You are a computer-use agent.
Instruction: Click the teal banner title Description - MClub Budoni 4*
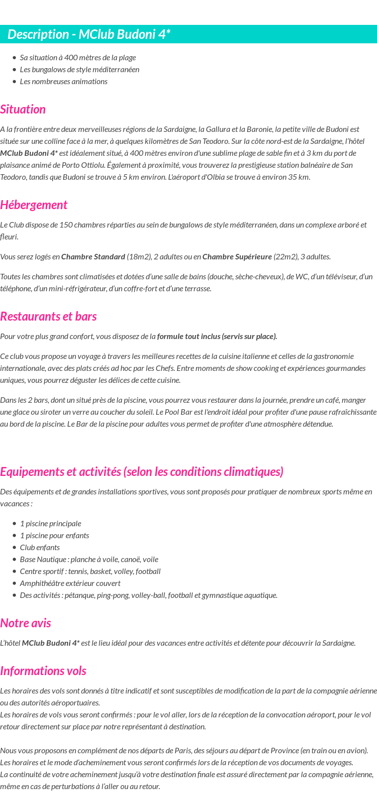point(89,34)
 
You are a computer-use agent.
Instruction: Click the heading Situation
point(23,110)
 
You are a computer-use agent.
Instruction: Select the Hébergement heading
point(33,205)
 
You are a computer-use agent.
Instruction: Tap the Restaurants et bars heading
point(48,317)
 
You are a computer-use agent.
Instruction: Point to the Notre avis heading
point(25,623)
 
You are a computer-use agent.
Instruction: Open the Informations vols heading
point(43,671)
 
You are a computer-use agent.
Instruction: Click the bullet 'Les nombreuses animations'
point(64,82)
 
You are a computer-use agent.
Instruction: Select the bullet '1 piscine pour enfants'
point(54,536)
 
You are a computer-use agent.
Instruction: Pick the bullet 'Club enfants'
point(40,548)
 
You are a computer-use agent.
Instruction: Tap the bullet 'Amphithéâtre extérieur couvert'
point(70,583)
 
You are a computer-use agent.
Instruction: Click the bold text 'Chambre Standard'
point(93,257)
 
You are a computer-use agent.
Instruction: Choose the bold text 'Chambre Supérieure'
point(237,257)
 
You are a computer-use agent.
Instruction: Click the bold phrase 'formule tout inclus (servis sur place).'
point(217,337)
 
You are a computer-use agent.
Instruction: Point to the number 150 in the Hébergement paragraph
point(66,225)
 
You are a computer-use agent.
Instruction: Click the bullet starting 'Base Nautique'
point(89,560)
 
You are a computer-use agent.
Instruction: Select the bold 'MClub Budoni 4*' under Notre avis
point(50,643)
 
